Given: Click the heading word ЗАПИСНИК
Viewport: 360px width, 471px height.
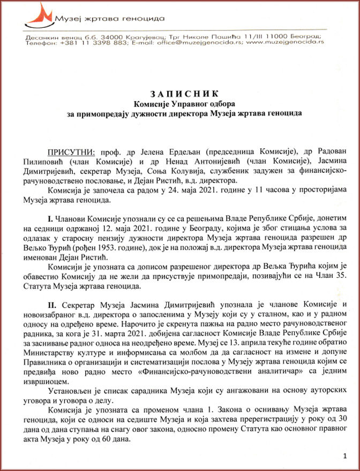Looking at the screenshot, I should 179,93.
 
